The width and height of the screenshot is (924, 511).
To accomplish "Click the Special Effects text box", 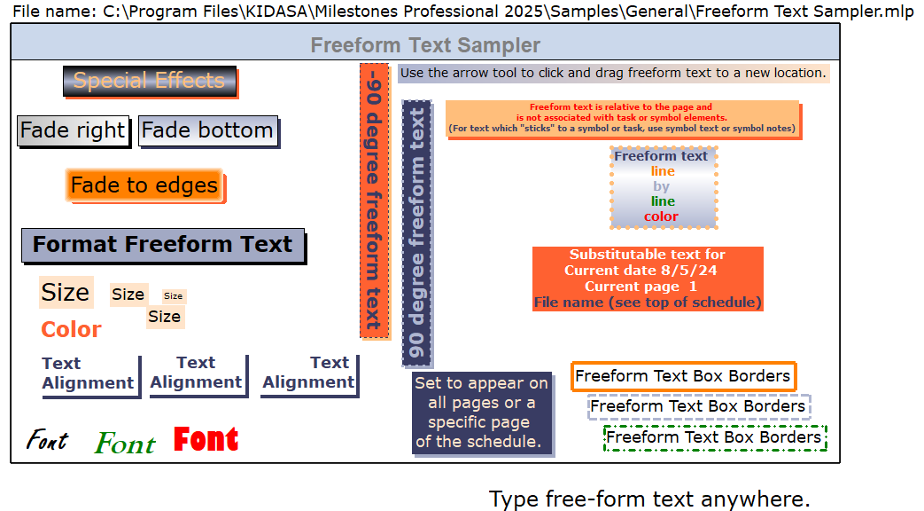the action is pyautogui.click(x=150, y=81).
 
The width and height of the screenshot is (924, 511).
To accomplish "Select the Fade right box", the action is pyautogui.click(x=74, y=130).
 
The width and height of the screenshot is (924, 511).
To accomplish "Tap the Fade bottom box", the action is pyautogui.click(x=208, y=130).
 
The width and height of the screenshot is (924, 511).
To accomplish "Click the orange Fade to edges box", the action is pyautogui.click(x=145, y=185).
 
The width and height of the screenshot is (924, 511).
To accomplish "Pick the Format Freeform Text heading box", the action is pyautogui.click(x=163, y=245).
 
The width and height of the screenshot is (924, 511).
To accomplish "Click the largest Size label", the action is pyautogui.click(x=66, y=292).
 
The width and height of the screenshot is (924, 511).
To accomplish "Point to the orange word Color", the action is pyautogui.click(x=71, y=329).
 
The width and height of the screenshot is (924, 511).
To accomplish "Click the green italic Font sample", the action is pyautogui.click(x=126, y=444).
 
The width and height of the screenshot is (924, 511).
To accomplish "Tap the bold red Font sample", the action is pyautogui.click(x=206, y=440).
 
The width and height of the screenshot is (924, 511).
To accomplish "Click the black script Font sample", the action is pyautogui.click(x=47, y=440).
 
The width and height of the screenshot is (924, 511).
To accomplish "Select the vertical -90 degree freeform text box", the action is pyautogui.click(x=375, y=200).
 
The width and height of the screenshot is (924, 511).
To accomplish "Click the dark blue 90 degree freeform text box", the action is pyautogui.click(x=417, y=233).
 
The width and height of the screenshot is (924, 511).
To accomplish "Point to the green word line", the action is pyautogui.click(x=663, y=201).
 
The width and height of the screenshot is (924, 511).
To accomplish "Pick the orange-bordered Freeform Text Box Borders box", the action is pyautogui.click(x=684, y=376).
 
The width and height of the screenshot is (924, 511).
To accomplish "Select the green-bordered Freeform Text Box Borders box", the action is pyautogui.click(x=715, y=438).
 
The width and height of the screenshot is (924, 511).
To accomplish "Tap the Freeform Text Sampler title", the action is pyautogui.click(x=425, y=45).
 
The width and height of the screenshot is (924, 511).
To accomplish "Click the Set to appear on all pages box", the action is pyautogui.click(x=482, y=413).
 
